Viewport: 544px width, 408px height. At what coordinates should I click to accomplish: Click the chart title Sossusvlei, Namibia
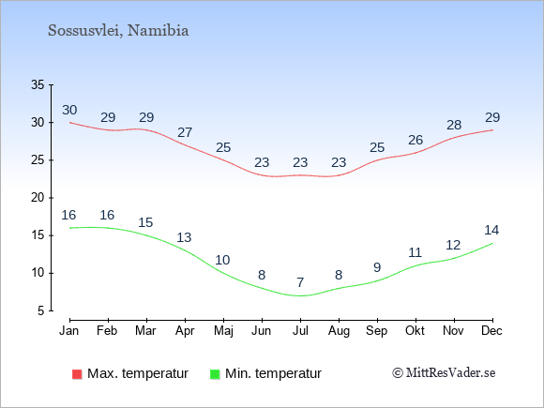click(x=118, y=31)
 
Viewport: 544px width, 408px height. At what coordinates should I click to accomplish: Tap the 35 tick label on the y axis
click(x=38, y=84)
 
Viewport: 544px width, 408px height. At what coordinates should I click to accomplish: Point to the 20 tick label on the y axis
click(x=38, y=198)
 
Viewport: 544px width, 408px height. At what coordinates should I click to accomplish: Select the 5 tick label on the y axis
click(x=41, y=310)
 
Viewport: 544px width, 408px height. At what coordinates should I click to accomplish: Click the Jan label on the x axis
click(x=69, y=331)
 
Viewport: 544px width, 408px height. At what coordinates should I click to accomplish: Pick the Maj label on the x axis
click(x=223, y=331)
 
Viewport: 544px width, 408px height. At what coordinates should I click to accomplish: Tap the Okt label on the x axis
click(x=415, y=331)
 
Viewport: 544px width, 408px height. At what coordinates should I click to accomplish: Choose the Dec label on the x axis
click(x=491, y=331)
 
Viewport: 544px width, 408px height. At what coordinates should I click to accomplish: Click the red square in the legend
click(x=77, y=374)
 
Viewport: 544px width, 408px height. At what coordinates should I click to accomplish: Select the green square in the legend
click(x=215, y=374)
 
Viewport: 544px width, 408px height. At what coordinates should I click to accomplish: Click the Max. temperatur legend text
click(x=138, y=373)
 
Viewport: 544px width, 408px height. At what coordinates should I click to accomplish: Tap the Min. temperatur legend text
click(x=273, y=373)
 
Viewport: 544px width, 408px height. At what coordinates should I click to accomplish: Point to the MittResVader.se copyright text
click(x=444, y=373)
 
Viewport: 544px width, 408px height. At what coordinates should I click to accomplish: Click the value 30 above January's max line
click(x=69, y=111)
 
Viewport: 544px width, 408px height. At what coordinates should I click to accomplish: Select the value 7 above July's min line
click(x=300, y=282)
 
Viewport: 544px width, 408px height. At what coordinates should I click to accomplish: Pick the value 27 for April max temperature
click(x=185, y=132)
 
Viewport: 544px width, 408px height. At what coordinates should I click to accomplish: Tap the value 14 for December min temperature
click(x=491, y=230)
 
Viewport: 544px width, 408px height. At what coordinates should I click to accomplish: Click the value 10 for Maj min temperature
click(x=222, y=260)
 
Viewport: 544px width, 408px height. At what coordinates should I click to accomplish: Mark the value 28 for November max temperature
click(x=454, y=125)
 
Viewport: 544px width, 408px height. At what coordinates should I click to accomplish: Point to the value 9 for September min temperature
click(x=377, y=267)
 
